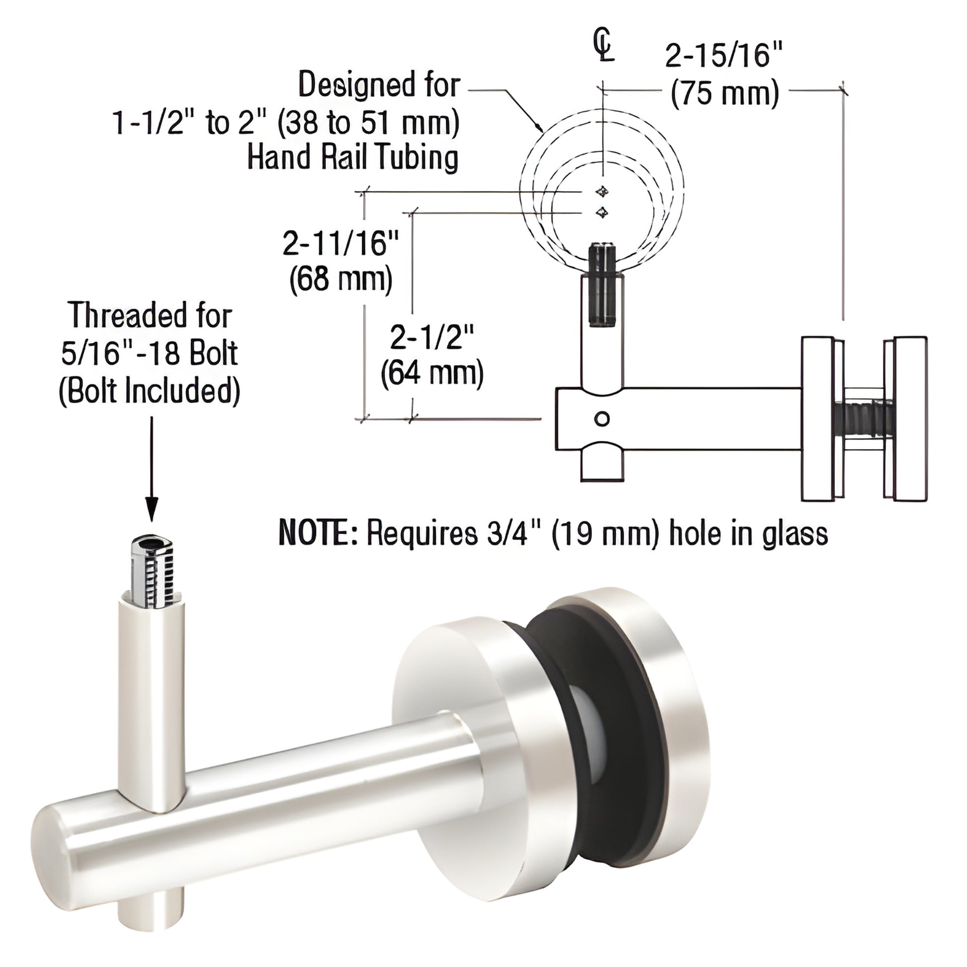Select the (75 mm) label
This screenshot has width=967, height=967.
click(x=725, y=93)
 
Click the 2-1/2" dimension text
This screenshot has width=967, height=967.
click(x=432, y=338)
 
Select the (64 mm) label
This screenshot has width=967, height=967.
click(x=432, y=374)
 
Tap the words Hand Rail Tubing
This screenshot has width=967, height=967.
click(x=353, y=158)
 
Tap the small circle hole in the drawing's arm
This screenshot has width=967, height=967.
click(x=603, y=418)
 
